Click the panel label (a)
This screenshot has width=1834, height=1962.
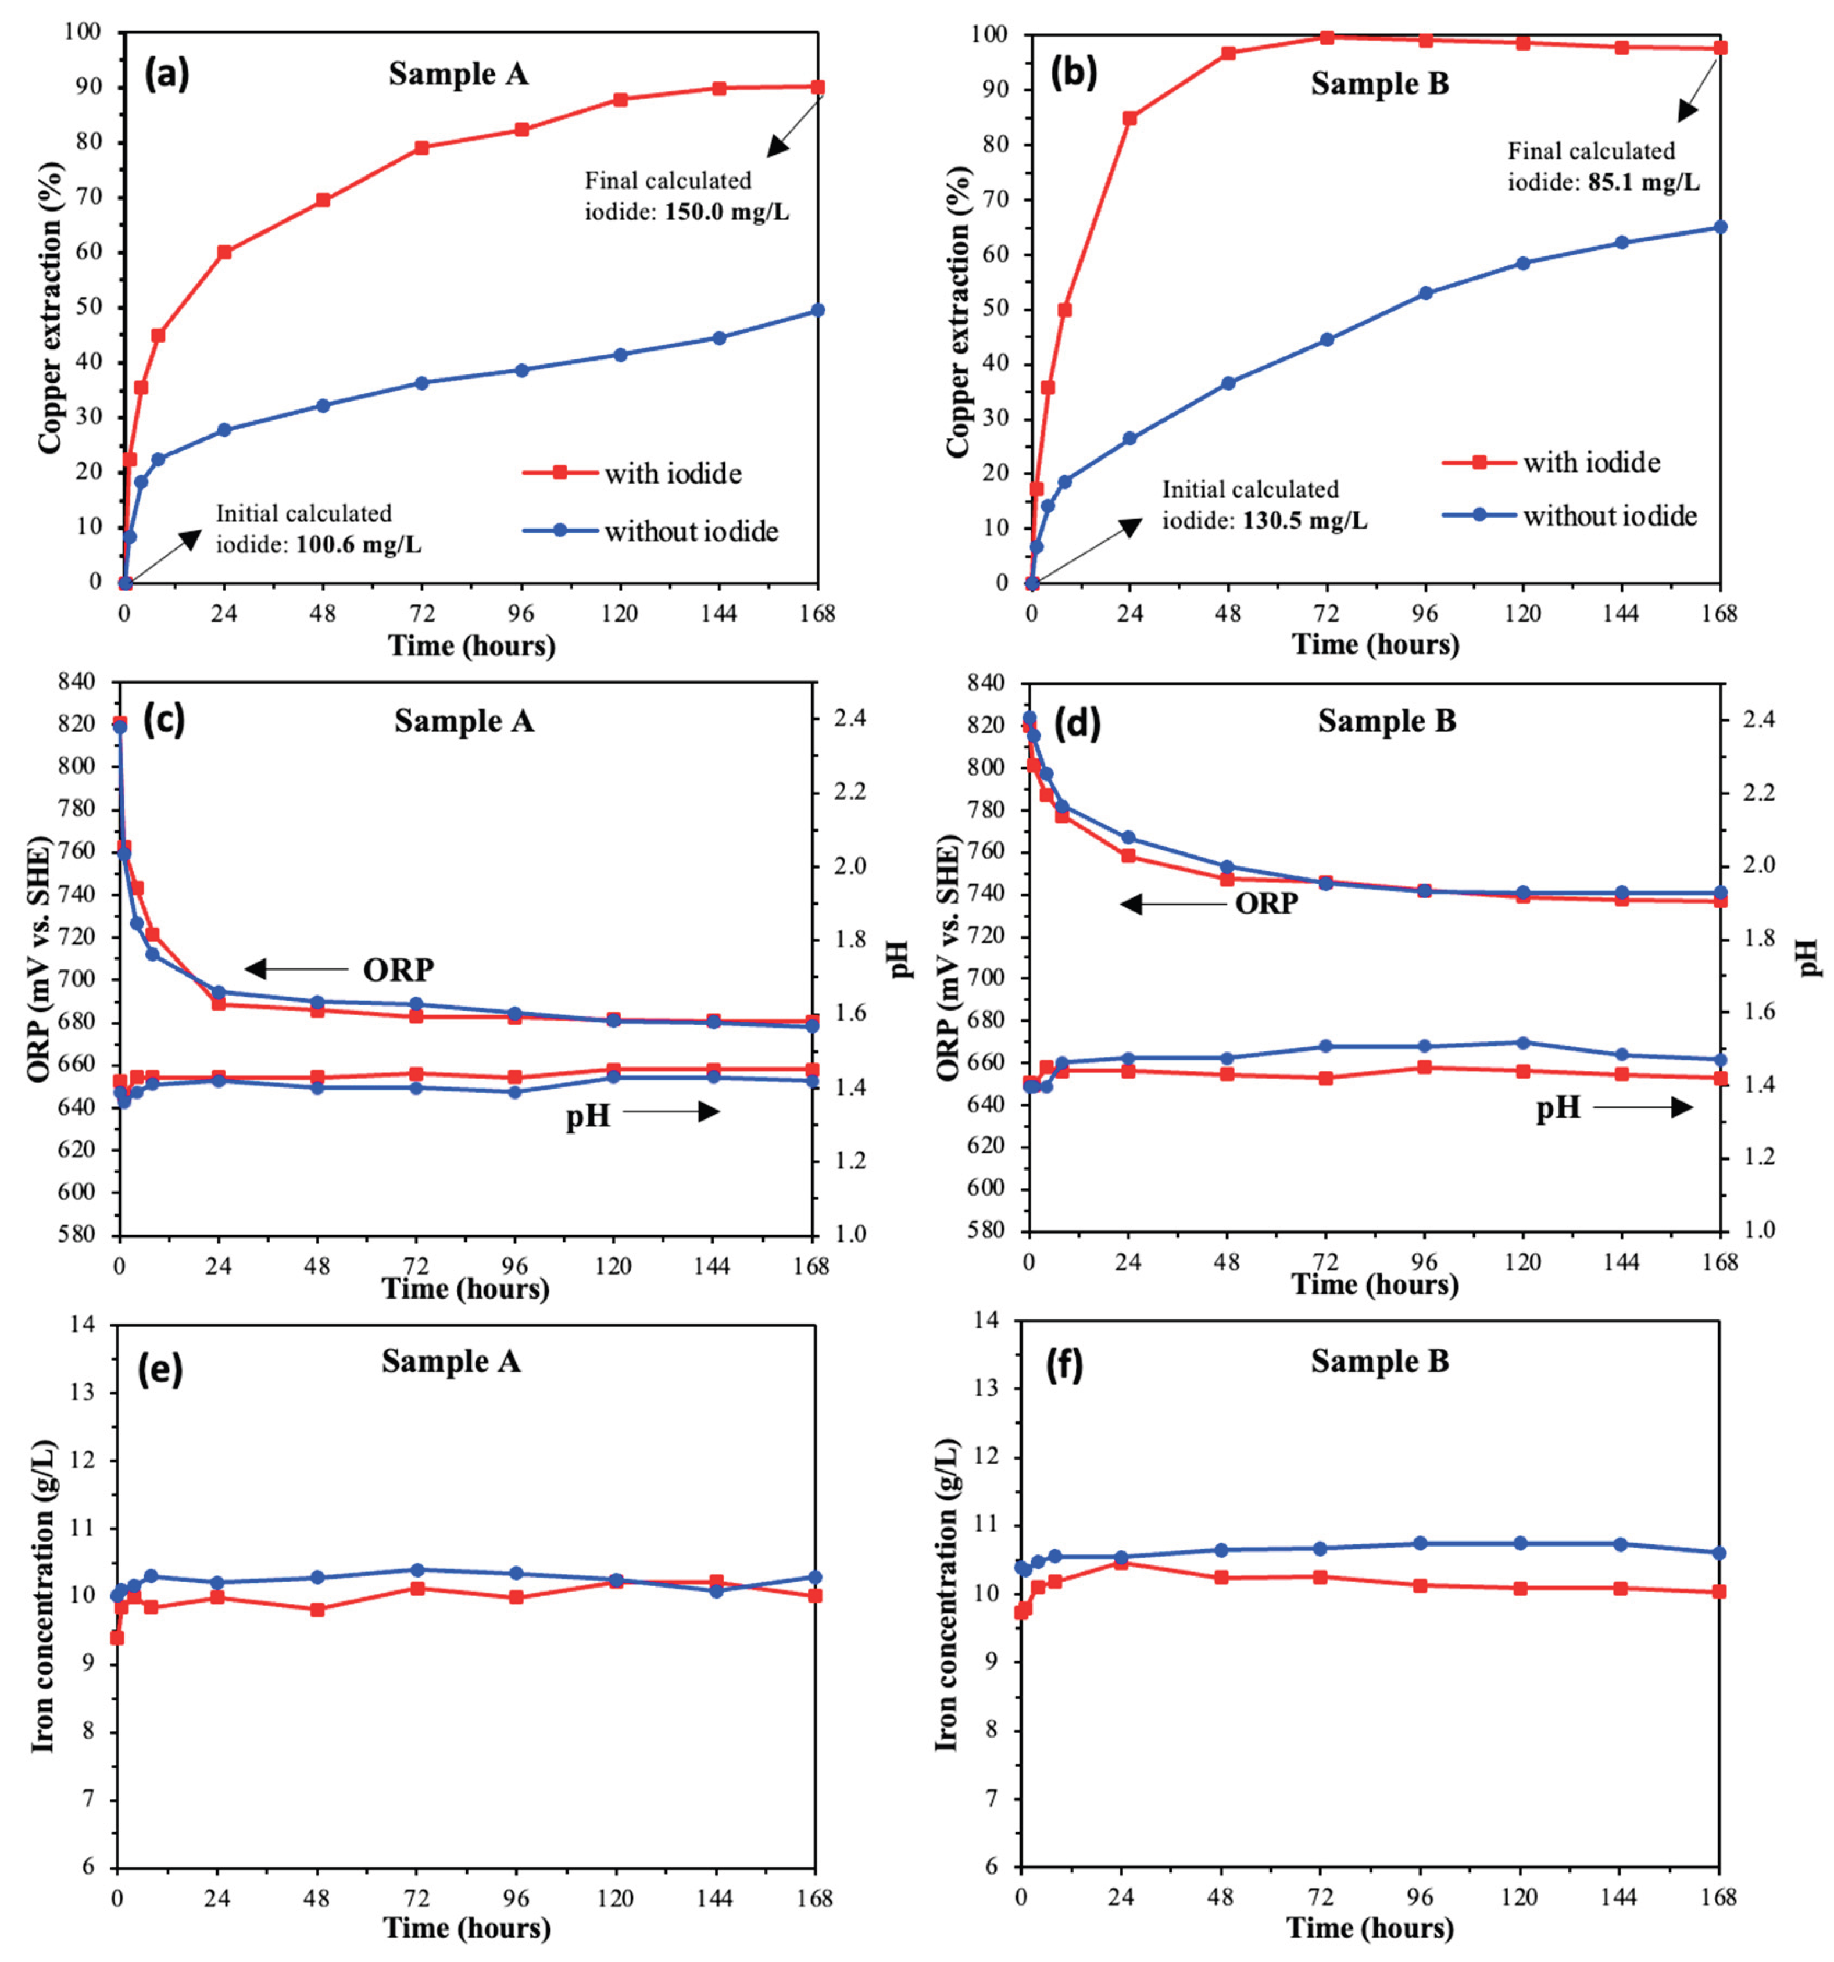coord(167,75)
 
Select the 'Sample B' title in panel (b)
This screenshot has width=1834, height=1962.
coord(1379,84)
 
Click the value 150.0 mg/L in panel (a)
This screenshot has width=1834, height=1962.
coord(727,212)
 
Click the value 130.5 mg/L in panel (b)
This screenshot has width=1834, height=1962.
coord(1304,520)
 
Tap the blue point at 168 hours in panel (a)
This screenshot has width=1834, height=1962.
coord(818,310)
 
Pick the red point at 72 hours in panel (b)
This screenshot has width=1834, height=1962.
coord(1327,37)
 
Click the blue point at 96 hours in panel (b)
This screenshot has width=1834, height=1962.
coord(1425,293)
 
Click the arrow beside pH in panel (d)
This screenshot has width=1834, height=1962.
coord(1643,1108)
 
